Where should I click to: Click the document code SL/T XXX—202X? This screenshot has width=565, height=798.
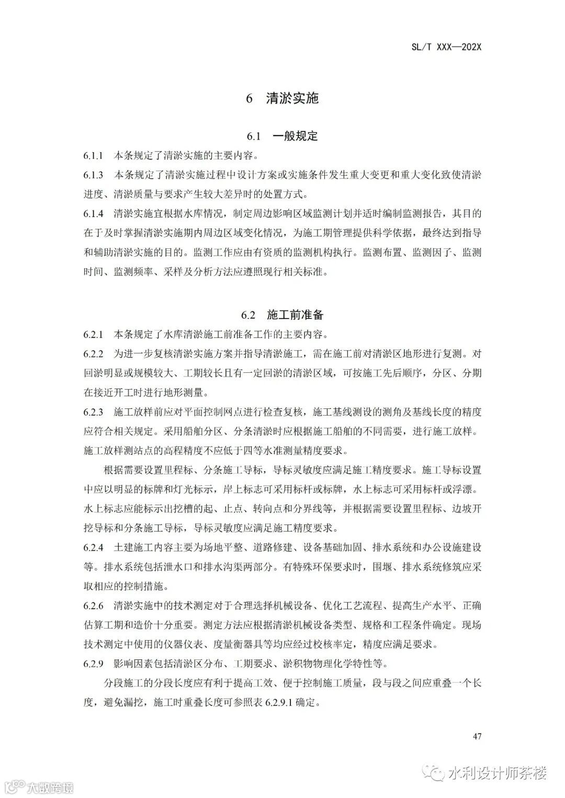pyautogui.click(x=446, y=47)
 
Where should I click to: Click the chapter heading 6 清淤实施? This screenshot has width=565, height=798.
pyautogui.click(x=282, y=98)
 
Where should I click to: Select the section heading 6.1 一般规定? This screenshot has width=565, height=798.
pyautogui.click(x=282, y=136)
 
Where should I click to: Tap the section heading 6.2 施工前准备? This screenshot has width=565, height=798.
pyautogui.click(x=282, y=315)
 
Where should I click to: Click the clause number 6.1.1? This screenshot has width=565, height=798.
pyautogui.click(x=93, y=156)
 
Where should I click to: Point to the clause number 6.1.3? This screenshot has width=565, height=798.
pyautogui.click(x=93, y=175)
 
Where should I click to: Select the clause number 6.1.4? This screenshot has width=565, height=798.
pyautogui.click(x=93, y=214)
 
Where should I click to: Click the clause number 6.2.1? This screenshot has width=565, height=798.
pyautogui.click(x=93, y=334)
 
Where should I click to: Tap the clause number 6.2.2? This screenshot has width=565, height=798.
pyautogui.click(x=93, y=354)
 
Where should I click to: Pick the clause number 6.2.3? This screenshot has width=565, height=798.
pyautogui.click(x=93, y=412)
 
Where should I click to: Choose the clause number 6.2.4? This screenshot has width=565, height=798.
pyautogui.click(x=93, y=548)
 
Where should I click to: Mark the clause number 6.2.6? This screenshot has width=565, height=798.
pyautogui.click(x=93, y=606)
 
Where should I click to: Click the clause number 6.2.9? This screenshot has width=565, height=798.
pyautogui.click(x=93, y=664)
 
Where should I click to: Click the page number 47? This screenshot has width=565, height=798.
pyautogui.click(x=477, y=736)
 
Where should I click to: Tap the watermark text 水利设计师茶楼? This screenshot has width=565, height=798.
pyautogui.click(x=497, y=773)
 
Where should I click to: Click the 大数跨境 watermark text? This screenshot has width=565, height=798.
pyautogui.click(x=50, y=787)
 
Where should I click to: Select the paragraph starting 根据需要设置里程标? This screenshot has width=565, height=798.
pyautogui.click(x=282, y=498)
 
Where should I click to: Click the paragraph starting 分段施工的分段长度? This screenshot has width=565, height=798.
pyautogui.click(x=282, y=692)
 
